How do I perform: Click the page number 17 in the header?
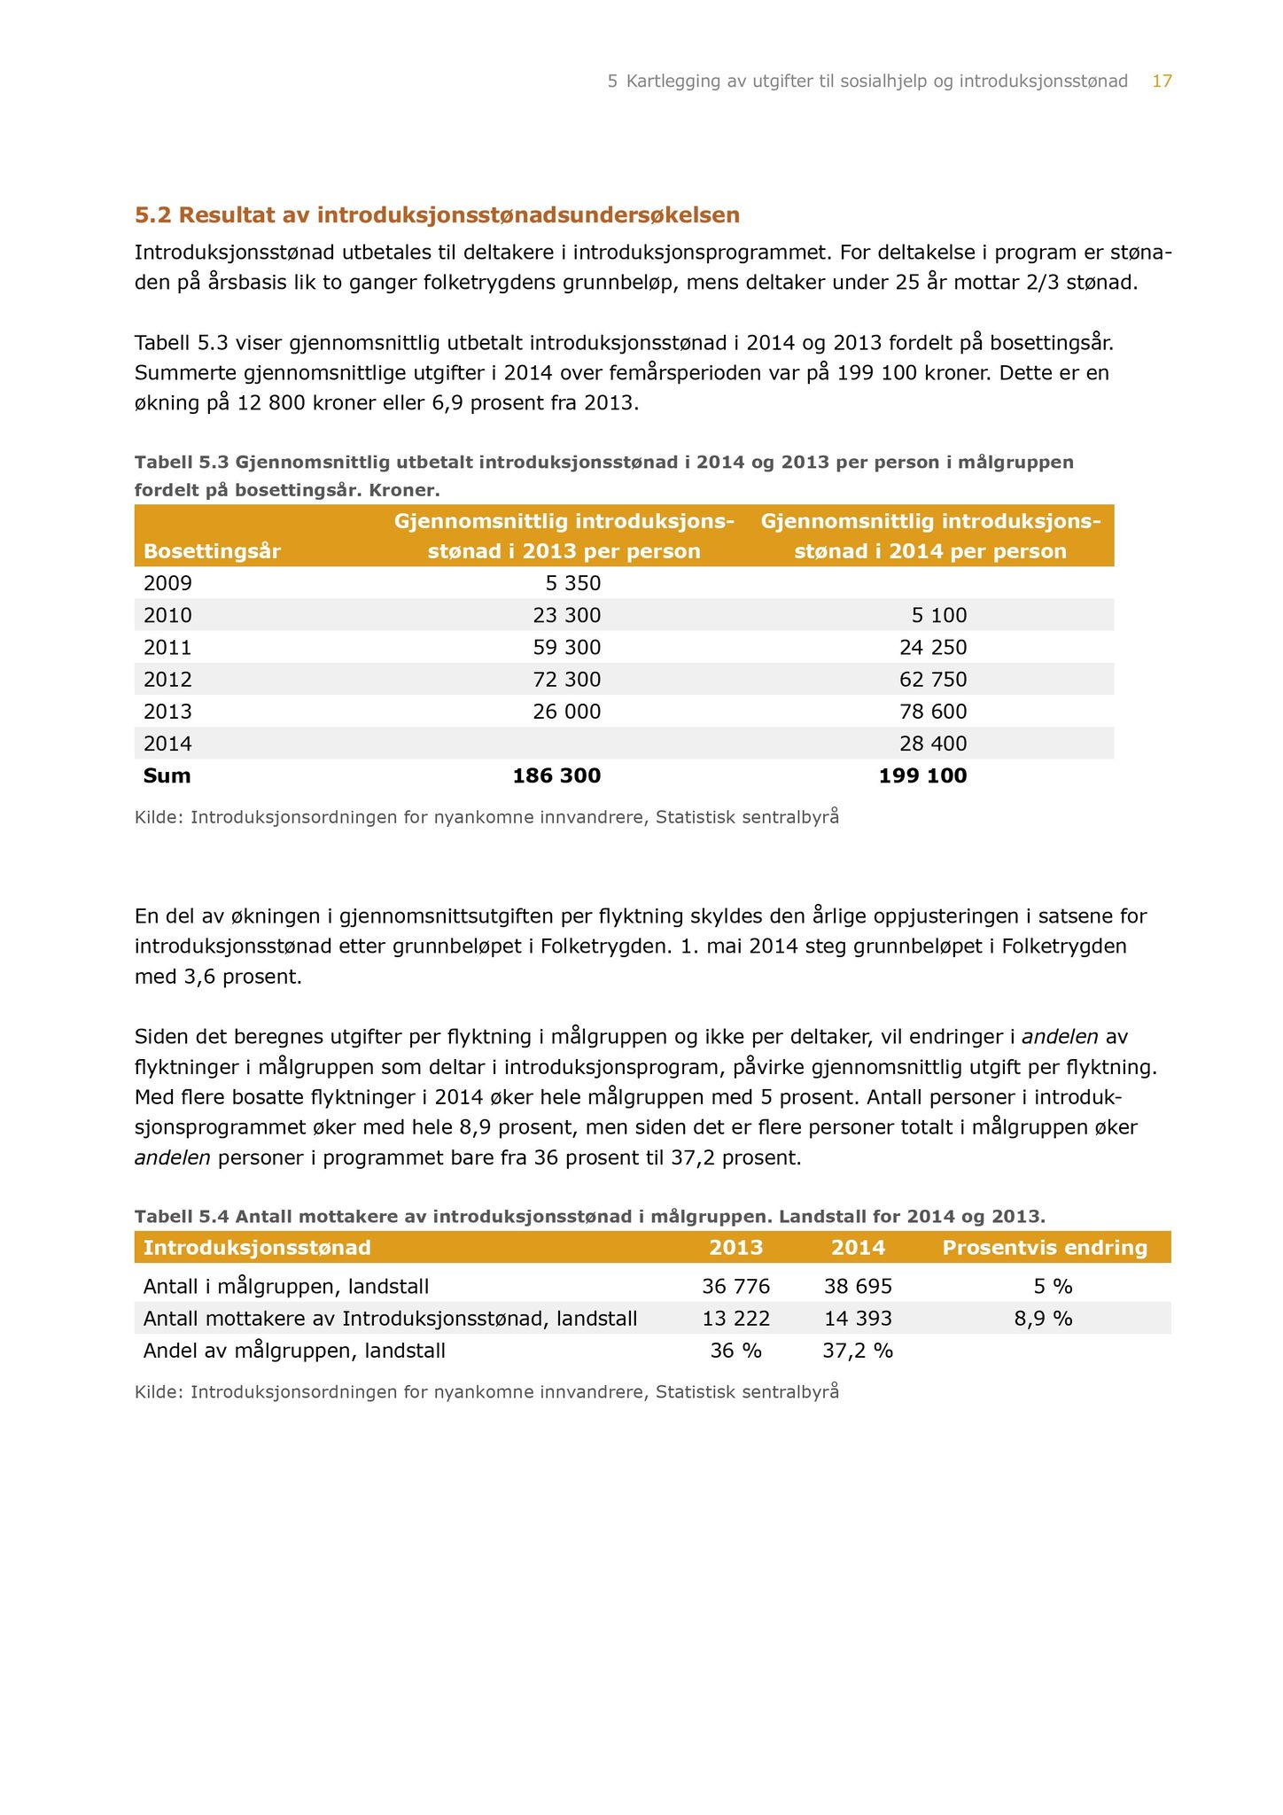[x=1162, y=82]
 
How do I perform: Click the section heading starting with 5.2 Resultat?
[x=437, y=215]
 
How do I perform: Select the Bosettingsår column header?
[x=212, y=551]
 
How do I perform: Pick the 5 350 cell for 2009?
[x=572, y=583]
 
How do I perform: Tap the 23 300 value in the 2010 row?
[x=567, y=615]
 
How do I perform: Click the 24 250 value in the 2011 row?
[x=933, y=648]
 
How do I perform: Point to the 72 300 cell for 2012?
[x=567, y=680]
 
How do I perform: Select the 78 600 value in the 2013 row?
[x=933, y=712]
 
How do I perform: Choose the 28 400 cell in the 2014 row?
[x=933, y=744]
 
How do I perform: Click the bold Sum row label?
[x=167, y=776]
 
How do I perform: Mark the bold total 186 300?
[x=556, y=776]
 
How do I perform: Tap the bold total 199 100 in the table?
[x=922, y=776]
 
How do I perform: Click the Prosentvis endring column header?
[x=1045, y=1248]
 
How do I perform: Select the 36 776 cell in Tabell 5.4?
[x=735, y=1286]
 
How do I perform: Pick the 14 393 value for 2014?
[x=858, y=1319]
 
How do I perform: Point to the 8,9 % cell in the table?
[x=1044, y=1319]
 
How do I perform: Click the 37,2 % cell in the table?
[x=858, y=1351]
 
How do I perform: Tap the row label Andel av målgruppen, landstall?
[x=294, y=1351]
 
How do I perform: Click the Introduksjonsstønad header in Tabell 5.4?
[x=257, y=1248]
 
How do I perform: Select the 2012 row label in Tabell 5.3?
[x=167, y=680]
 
